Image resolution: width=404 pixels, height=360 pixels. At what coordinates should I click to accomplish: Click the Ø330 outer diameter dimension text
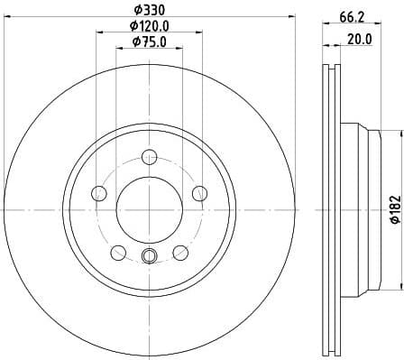[149, 10]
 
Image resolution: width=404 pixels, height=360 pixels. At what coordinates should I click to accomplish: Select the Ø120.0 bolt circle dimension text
[149, 26]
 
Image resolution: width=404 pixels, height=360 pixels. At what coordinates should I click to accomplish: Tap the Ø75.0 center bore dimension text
[149, 42]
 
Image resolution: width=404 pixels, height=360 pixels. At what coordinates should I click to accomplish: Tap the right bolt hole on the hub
[199, 191]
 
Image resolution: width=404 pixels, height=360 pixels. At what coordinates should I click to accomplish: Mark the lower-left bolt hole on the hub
[117, 252]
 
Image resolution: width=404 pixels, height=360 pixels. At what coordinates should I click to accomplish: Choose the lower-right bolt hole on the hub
[180, 252]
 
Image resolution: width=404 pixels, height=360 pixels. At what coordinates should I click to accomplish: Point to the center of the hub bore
[149, 209]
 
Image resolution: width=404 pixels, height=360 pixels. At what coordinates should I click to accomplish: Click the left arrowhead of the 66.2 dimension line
[326, 26]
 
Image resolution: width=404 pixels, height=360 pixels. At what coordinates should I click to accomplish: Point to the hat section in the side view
[361, 209]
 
